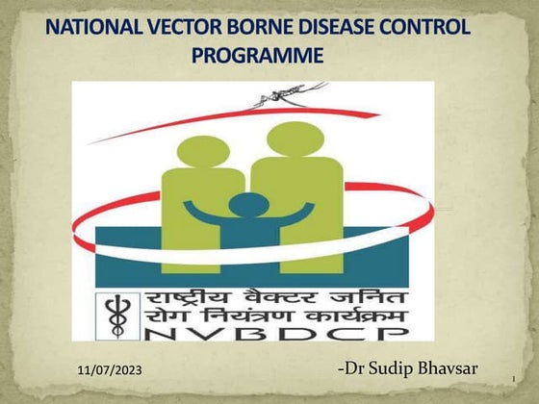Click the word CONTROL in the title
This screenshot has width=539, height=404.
(x=420, y=27)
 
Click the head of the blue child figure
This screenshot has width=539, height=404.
(x=249, y=205)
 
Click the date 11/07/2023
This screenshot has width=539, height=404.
(x=113, y=370)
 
